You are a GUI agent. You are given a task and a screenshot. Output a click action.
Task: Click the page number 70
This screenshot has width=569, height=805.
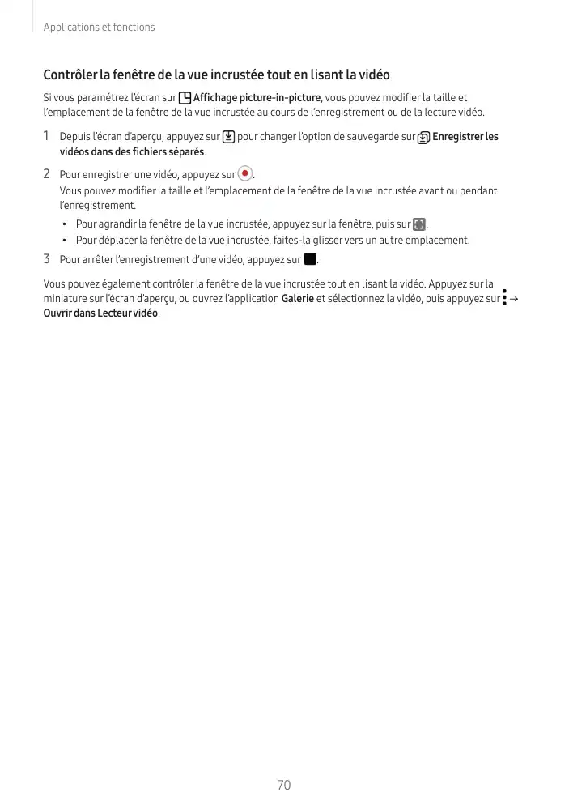click(x=283, y=785)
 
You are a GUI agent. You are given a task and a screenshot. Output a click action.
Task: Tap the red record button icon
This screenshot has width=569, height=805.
click(x=245, y=174)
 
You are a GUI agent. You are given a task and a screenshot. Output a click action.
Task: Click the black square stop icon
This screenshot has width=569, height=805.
click(x=309, y=260)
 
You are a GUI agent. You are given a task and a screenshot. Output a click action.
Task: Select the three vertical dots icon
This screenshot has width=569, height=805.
click(x=504, y=298)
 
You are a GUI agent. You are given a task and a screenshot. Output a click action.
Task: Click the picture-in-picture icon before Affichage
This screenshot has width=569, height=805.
click(x=185, y=99)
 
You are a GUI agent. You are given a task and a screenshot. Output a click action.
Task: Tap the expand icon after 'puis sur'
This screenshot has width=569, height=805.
click(x=418, y=224)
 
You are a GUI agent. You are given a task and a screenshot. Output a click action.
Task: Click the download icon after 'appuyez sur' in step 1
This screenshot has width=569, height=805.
click(x=228, y=137)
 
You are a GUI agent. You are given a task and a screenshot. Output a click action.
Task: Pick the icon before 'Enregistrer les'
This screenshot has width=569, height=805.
click(x=424, y=138)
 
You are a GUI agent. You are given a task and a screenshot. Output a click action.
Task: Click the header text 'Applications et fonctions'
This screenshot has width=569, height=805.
click(x=99, y=28)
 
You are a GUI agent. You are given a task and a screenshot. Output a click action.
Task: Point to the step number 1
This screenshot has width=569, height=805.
click(x=47, y=136)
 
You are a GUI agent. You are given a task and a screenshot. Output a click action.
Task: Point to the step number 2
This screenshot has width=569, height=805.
click(x=47, y=174)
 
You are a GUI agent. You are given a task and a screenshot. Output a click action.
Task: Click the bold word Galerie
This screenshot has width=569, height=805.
click(x=297, y=299)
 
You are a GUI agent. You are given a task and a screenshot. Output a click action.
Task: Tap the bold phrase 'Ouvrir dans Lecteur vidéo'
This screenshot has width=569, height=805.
click(x=101, y=313)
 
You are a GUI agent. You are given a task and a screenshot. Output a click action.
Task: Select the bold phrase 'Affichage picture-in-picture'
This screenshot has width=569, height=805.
click(x=257, y=99)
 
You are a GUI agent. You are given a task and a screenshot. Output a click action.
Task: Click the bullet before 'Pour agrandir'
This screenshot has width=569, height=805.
click(x=64, y=224)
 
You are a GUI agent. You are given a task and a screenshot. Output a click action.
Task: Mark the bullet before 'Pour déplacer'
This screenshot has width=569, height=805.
click(x=64, y=241)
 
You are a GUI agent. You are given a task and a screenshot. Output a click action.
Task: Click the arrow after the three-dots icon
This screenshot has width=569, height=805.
click(x=516, y=299)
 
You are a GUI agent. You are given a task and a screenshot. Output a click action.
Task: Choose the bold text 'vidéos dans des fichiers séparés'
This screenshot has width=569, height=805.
click(x=132, y=152)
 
